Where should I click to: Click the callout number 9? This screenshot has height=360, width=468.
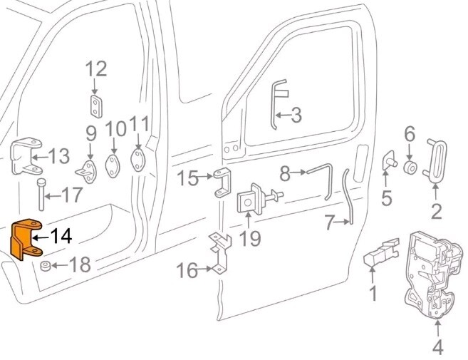[x=91, y=133]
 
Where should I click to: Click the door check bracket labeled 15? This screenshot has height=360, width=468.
[x=224, y=183]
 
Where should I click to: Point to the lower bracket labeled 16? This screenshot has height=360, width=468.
[x=219, y=253]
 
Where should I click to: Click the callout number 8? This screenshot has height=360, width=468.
[x=285, y=172]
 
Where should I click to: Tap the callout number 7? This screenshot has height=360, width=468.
[x=328, y=223]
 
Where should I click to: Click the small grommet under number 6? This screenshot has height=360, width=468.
[x=410, y=168]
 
